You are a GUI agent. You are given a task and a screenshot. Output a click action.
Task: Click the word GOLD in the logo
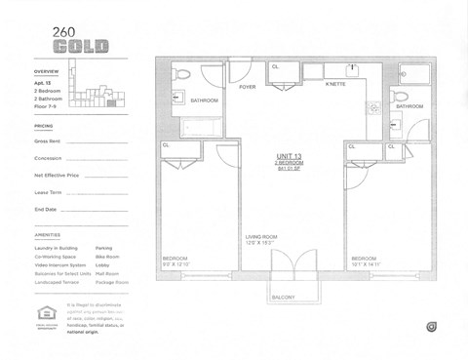pos(80,47)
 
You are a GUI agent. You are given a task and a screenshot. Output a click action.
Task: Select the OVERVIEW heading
pos(47,72)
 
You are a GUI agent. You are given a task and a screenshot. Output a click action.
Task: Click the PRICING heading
pos(44,126)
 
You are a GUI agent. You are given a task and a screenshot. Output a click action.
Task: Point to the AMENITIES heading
pos(47,236)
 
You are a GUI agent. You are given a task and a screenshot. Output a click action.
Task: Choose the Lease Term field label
pos(49,192)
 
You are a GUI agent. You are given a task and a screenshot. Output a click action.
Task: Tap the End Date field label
pos(46,209)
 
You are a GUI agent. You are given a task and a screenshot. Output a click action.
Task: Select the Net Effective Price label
pos(57,176)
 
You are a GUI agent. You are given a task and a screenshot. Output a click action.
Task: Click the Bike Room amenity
pos(107,257)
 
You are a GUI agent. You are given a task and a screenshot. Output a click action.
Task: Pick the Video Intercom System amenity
pos(60,265)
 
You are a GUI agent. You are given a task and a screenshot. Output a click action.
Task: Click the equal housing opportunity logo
pos(43,315)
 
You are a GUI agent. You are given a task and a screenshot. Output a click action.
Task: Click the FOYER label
pos(247,87)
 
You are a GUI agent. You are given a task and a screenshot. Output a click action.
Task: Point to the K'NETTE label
pos(335,85)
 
